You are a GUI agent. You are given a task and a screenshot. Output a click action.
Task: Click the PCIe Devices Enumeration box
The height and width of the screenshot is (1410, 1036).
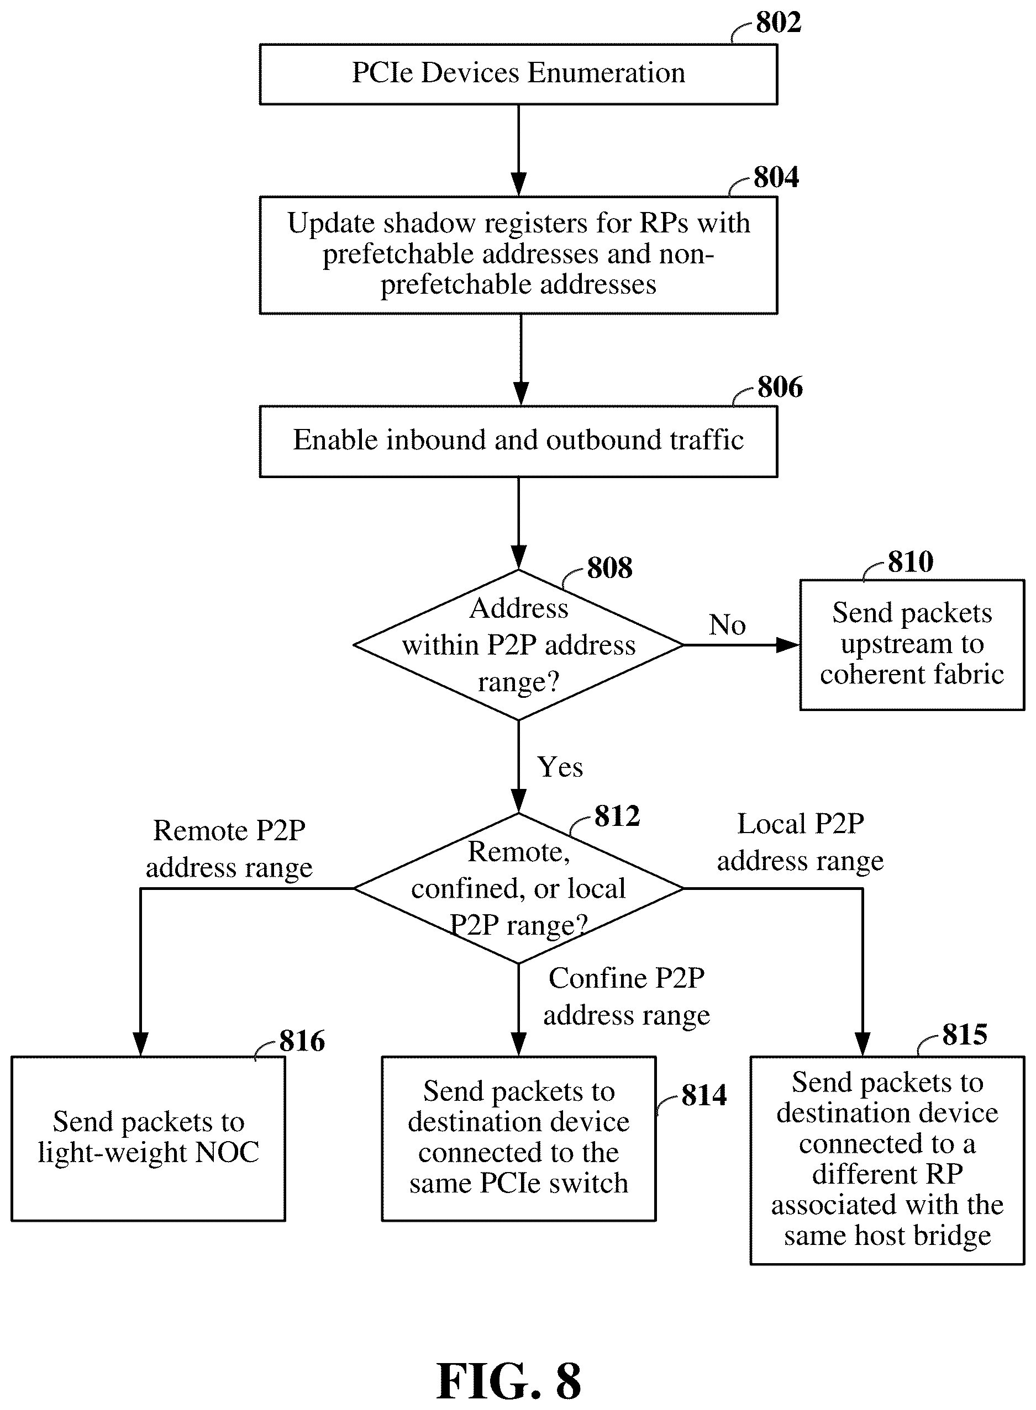[519, 74]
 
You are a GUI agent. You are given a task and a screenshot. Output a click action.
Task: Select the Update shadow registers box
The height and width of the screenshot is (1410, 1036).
[519, 255]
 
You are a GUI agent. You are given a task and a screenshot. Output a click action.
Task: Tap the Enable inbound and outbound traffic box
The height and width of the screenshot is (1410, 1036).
[519, 442]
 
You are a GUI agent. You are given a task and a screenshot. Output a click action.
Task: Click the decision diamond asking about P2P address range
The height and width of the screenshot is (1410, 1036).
[519, 645]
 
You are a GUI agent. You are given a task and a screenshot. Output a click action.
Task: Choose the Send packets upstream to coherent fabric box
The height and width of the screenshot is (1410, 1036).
[912, 645]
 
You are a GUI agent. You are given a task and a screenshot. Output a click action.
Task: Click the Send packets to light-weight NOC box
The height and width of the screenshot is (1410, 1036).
[148, 1138]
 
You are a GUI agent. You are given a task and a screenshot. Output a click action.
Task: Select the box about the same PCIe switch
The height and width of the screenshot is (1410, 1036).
[519, 1138]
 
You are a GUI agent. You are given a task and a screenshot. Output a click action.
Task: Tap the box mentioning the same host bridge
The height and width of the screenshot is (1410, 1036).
[887, 1160]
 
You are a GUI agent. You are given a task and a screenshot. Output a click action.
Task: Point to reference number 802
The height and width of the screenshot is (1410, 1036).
[779, 23]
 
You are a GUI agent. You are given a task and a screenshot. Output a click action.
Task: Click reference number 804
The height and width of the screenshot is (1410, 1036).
[776, 177]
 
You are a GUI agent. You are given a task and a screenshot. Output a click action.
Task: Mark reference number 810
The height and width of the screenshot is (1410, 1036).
[911, 562]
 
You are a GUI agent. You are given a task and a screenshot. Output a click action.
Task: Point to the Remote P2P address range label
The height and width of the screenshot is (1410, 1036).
[229, 849]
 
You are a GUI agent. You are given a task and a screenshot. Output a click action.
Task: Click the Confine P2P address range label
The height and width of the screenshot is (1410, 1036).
[627, 996]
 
